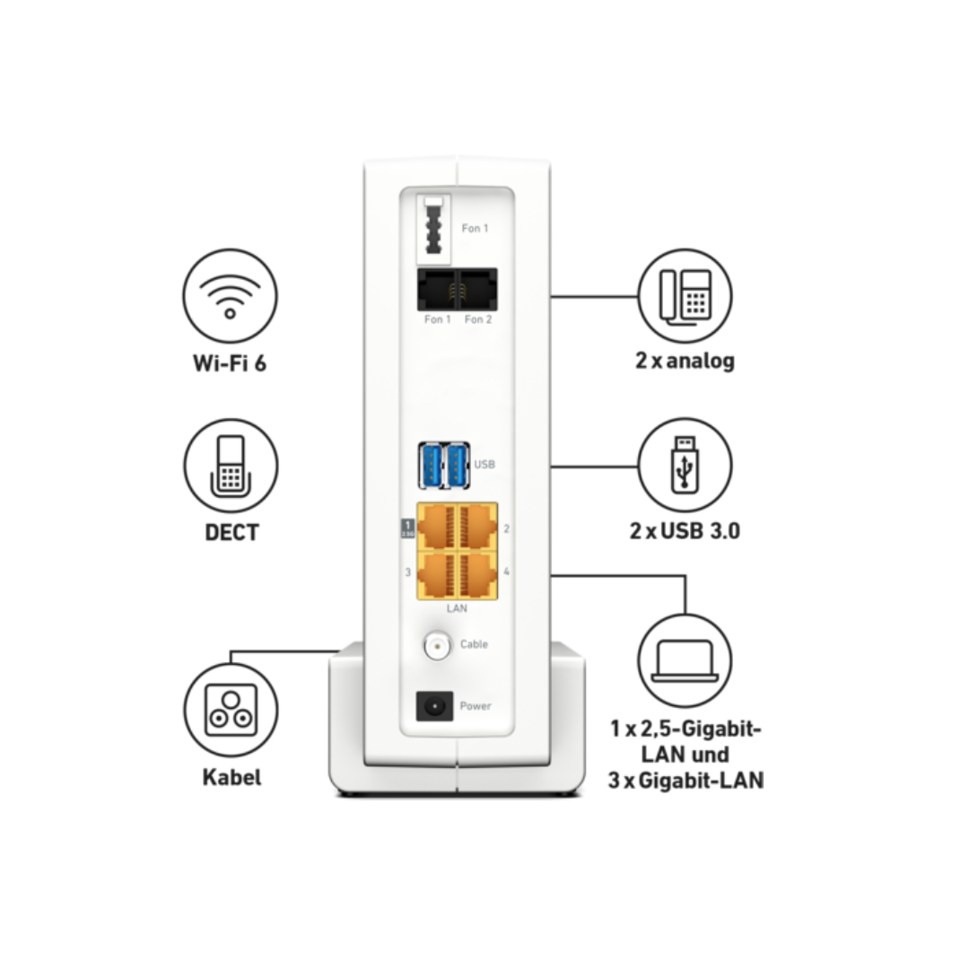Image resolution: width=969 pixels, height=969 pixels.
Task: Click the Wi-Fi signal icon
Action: pos(230,295)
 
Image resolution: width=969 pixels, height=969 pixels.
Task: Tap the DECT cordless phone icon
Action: pos(231,466)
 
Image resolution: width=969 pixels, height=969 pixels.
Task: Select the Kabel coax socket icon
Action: pos(231,710)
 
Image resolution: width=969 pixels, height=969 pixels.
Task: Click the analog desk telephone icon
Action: pos(685,296)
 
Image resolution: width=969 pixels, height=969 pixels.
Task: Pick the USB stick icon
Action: pos(685,466)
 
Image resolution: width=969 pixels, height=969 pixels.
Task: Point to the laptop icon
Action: pos(685,660)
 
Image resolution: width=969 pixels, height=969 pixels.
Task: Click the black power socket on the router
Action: pos(434,706)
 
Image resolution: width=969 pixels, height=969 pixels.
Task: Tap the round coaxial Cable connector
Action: pos(438,646)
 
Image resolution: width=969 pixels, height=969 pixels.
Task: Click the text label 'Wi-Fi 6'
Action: pos(230,362)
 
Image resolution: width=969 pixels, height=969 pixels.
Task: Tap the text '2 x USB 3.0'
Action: pos(685,531)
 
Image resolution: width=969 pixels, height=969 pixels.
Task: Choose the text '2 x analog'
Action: pos(685,361)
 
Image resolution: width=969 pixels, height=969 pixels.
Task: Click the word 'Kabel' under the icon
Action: pos(231,777)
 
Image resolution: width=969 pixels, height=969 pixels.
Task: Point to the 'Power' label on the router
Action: pos(476,706)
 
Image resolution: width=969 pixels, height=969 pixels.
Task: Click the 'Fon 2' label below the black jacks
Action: pos(478,319)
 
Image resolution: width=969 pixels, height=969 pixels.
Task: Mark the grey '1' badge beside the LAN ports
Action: pos(408,528)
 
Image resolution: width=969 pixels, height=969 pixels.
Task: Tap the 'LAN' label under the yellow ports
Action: pos(457,608)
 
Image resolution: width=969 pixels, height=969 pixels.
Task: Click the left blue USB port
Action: pos(431,466)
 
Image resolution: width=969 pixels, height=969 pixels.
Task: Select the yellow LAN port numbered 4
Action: pos(478,575)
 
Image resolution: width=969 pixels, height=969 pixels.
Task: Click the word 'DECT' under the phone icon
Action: pos(231,532)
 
